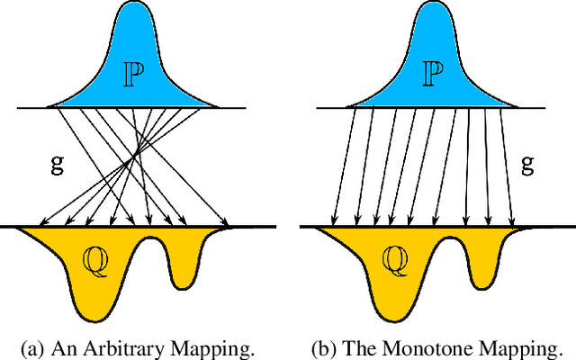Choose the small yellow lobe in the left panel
(x=184, y=265)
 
